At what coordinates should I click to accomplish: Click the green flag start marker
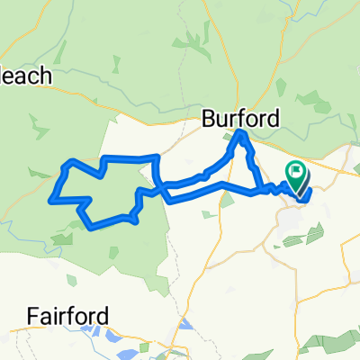(295, 171)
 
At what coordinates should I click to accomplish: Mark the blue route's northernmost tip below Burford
(241, 134)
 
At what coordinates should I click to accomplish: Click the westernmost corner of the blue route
(53, 198)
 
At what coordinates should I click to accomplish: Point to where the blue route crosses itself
(164, 188)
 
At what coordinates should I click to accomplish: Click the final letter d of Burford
(274, 118)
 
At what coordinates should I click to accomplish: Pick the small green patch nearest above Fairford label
(64, 239)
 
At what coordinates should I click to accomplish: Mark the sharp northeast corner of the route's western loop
(158, 157)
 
